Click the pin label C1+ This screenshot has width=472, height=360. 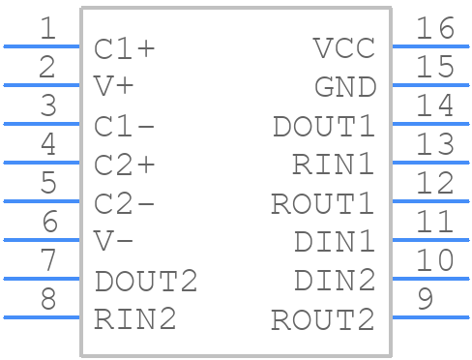pyautogui.click(x=125, y=48)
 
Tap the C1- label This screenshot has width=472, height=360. pyautogui.click(x=125, y=126)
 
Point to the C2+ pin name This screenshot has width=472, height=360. pyautogui.click(x=125, y=165)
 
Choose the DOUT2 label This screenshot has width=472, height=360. pyautogui.click(x=146, y=282)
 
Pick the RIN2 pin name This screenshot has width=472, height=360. pyautogui.click(x=135, y=319)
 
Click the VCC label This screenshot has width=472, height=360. pyautogui.click(x=344, y=48)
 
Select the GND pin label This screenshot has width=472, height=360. pyautogui.click(x=344, y=87)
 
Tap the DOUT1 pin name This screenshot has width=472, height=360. pyautogui.click(x=323, y=126)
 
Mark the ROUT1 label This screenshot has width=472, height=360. pyautogui.click(x=323, y=203)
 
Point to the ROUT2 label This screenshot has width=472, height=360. pyautogui.click(x=323, y=319)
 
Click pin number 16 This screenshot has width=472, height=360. pyautogui.click(x=434, y=29)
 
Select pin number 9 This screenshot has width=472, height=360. pyautogui.click(x=425, y=300)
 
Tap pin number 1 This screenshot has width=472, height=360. pyautogui.click(x=46, y=29)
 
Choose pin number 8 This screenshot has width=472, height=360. pyautogui.click(x=46, y=300)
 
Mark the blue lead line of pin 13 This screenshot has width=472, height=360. pyautogui.click(x=429, y=162)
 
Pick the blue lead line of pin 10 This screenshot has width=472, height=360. pyautogui.click(x=429, y=278)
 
